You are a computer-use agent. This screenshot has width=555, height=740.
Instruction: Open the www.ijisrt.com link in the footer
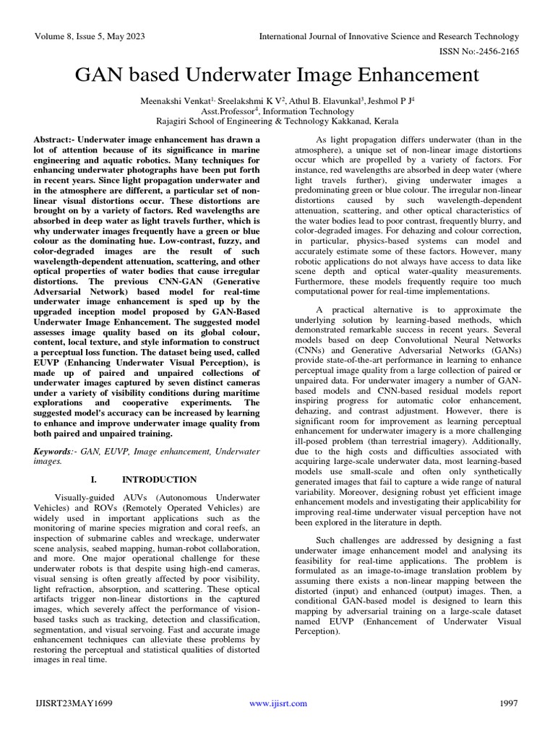tap(277, 703)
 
